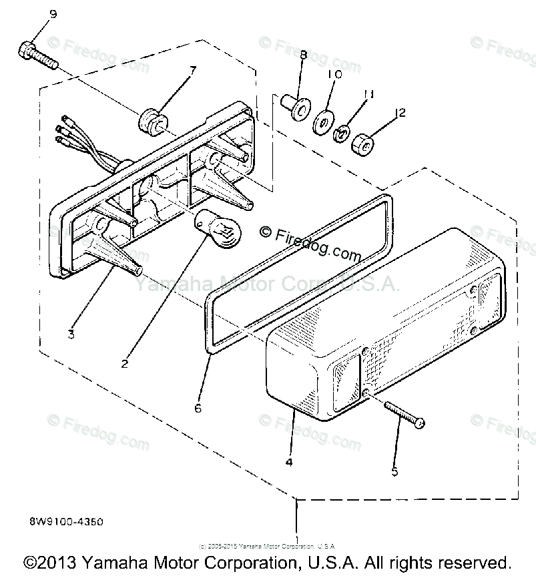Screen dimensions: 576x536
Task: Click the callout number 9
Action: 53,13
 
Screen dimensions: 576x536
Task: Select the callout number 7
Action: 193,69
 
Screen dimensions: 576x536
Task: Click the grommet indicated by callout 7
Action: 152,123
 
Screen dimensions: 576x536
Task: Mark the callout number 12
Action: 400,113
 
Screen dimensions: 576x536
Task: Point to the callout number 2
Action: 124,363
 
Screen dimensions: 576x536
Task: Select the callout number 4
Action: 289,461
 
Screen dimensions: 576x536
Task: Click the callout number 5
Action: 395,471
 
